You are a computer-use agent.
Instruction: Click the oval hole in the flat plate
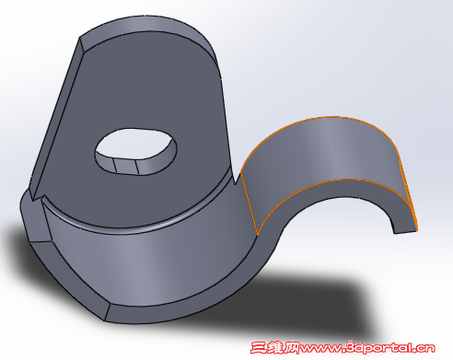136,151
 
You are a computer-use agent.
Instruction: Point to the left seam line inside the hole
115,166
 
